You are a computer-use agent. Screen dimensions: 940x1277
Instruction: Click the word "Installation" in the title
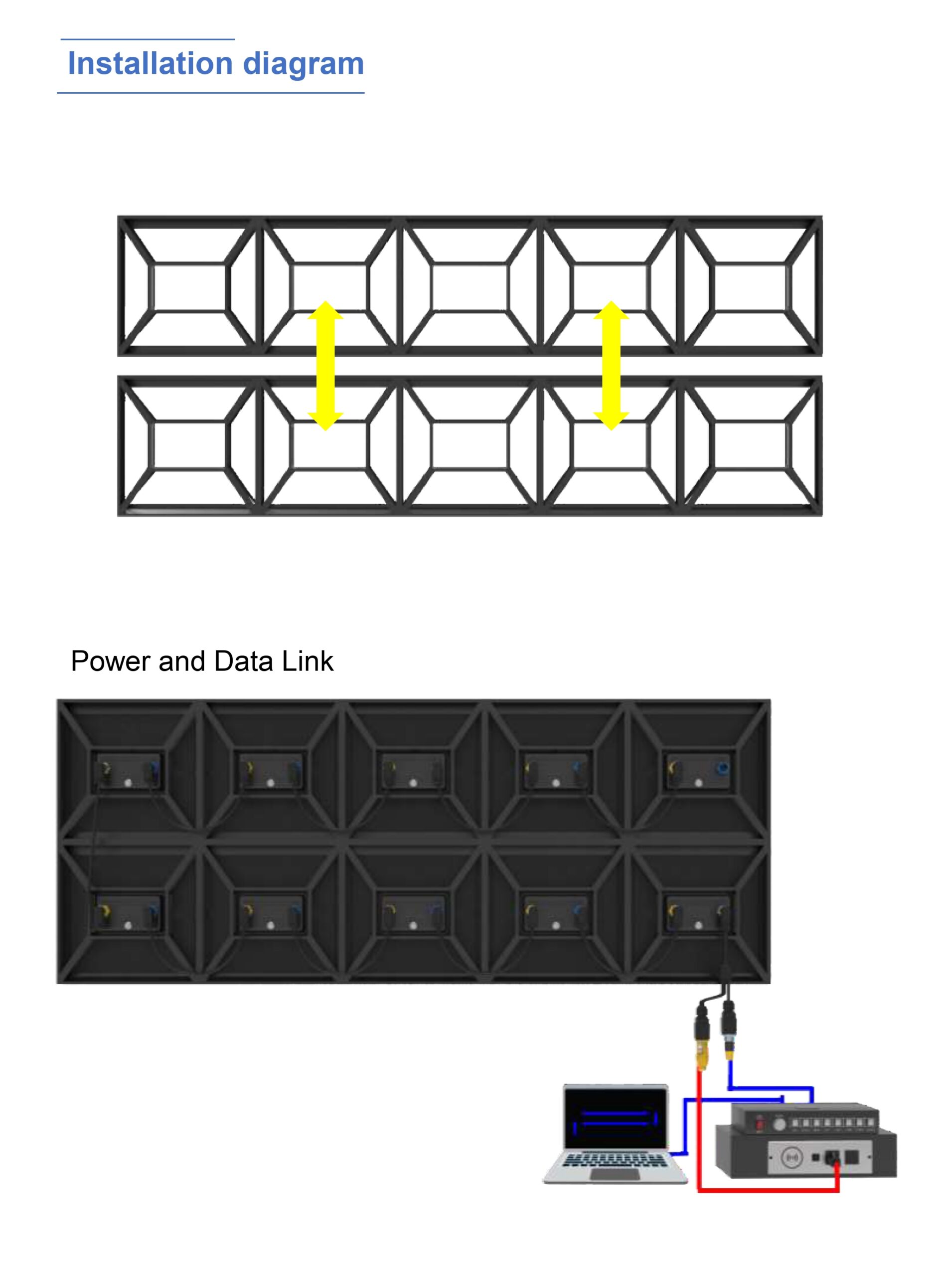pos(150,63)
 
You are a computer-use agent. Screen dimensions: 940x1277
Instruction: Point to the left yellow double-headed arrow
pos(325,366)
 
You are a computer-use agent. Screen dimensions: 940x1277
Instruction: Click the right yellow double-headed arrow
pos(611,366)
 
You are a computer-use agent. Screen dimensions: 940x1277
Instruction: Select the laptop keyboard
pos(615,1160)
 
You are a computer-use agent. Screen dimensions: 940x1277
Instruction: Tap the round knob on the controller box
pos(780,1124)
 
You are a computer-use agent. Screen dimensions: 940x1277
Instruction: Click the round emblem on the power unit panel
pos(791,1157)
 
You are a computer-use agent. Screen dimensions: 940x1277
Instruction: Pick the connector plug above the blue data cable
pos(729,1031)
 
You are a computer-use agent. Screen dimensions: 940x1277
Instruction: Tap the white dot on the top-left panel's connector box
pos(128,783)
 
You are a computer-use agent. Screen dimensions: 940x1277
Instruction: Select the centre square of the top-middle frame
pos(470,287)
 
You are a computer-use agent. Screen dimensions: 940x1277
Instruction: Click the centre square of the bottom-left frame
pos(190,444)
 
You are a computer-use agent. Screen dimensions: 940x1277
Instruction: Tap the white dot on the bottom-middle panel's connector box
pos(413,925)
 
